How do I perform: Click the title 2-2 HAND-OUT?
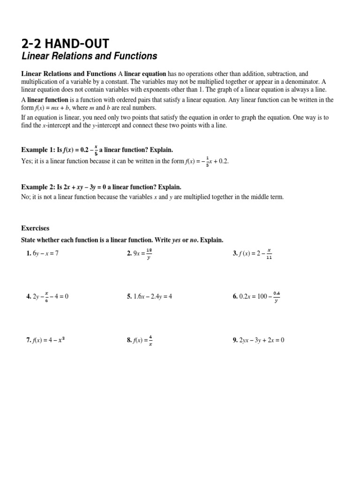pyautogui.click(x=65, y=44)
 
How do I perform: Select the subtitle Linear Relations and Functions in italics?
pyautogui.click(x=89, y=56)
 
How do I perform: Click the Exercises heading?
pyautogui.click(x=35, y=228)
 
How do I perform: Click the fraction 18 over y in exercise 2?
pyautogui.click(x=149, y=254)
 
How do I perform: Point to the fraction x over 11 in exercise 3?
pyautogui.click(x=269, y=254)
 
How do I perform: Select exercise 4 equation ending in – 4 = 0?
pyautogui.click(x=51, y=297)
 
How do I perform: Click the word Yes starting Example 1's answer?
pyautogui.click(x=26, y=161)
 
